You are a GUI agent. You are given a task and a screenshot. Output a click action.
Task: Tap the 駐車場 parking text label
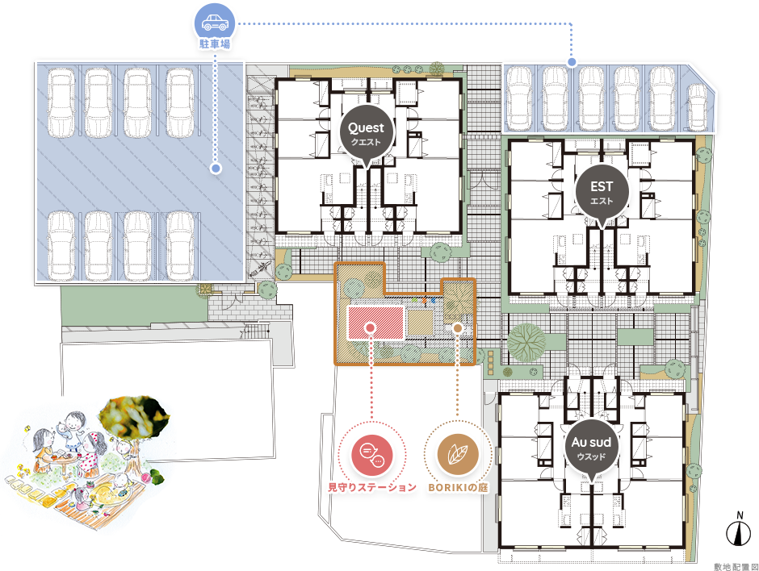tap(215, 44)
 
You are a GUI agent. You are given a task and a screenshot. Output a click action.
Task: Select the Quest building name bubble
tap(367, 133)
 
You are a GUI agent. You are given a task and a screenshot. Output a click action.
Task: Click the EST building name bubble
tap(602, 193)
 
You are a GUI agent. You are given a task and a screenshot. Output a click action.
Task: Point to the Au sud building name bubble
tap(591, 448)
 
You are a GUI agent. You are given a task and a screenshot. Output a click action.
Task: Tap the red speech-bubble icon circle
tap(371, 456)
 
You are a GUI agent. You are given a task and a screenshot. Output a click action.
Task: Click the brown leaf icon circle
tap(458, 455)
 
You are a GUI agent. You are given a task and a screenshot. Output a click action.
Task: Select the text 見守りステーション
tap(371, 487)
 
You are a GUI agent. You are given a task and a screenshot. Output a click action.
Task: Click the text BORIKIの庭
tap(458, 487)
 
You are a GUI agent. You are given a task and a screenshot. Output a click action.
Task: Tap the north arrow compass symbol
tap(739, 531)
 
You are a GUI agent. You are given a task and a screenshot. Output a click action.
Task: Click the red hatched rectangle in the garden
tap(376, 323)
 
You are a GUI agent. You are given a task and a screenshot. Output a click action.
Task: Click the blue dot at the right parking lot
tap(572, 62)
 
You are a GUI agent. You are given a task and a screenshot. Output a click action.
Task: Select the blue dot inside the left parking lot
tap(216, 169)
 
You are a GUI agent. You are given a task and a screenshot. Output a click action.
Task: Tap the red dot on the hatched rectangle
tap(371, 327)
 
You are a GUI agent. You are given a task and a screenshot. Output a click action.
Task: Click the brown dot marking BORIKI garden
tap(458, 328)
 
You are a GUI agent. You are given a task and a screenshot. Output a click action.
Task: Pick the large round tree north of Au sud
tap(526, 342)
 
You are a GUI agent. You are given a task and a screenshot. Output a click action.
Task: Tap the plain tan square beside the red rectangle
tap(421, 323)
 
